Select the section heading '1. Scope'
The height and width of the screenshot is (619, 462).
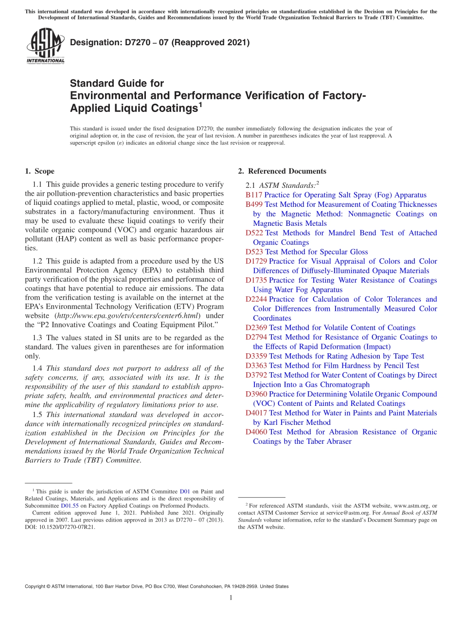tap(39, 171)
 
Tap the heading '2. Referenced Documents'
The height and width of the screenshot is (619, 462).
tap(282, 171)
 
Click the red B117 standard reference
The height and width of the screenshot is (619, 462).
tap(254, 195)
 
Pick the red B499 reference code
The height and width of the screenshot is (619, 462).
tap(254, 204)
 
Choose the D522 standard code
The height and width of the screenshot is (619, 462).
tap(254, 233)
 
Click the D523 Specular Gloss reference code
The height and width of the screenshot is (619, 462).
tap(254, 252)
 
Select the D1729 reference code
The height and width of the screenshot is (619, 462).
tap(256, 261)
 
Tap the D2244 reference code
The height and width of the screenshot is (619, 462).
tap(256, 299)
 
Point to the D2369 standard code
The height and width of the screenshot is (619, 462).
tap(256, 328)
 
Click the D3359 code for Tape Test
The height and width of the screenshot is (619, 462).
tap(256, 356)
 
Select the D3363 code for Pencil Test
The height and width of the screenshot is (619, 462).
tap(256, 365)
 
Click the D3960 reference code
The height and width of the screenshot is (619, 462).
tap(256, 394)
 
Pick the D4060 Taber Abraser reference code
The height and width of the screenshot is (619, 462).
tap(256, 432)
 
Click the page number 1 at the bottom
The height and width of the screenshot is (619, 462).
tap(231, 598)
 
